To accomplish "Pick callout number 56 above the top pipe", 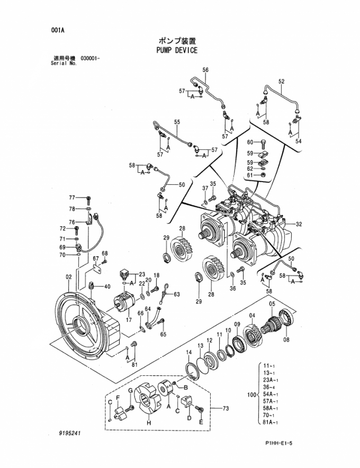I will tap(205, 70).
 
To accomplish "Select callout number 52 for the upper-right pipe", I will tap(282, 81).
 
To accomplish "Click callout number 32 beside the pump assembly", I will tap(299, 224).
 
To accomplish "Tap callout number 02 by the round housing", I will tap(68, 277).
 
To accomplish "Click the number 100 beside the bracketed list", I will tap(252, 395).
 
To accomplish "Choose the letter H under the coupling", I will tap(149, 424).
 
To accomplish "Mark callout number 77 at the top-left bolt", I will tap(72, 198).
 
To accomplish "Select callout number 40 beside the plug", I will tap(107, 287).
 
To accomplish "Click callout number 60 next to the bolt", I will tap(250, 142).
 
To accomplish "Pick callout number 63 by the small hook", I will tap(176, 294).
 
